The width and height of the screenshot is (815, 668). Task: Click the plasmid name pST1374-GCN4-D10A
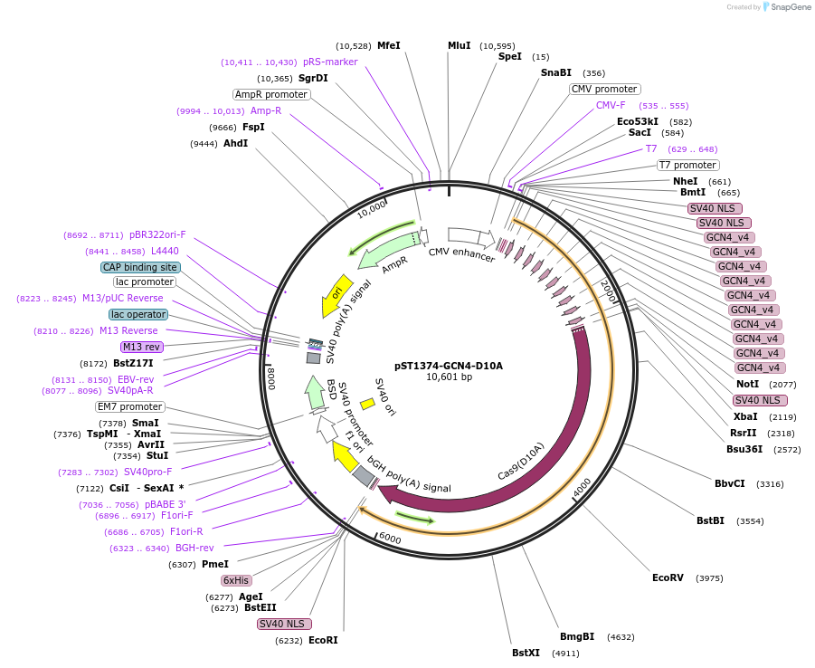click(448, 366)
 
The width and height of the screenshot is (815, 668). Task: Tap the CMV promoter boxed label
click(604, 89)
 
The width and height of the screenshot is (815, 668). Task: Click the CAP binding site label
click(140, 267)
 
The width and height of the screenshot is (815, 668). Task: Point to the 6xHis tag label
click(237, 580)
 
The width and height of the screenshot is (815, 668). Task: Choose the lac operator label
click(138, 314)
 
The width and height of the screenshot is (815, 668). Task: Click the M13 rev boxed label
click(141, 347)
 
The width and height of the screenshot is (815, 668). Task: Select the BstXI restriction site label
click(526, 653)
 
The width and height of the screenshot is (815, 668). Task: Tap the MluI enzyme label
click(459, 45)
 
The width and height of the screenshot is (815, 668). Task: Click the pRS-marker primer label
click(330, 62)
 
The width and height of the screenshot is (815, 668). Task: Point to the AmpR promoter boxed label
click(271, 94)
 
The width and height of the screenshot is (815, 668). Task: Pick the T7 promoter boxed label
click(687, 165)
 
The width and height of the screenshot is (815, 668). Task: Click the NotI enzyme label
click(748, 384)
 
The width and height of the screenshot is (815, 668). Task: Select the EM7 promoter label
click(130, 406)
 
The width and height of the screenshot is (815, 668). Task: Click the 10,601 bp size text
click(449, 377)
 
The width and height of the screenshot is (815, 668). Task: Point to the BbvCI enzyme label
click(730, 483)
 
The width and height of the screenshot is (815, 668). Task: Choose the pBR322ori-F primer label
click(157, 234)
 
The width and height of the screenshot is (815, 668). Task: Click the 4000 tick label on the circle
click(583, 487)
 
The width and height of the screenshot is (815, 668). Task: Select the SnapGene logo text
click(791, 7)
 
